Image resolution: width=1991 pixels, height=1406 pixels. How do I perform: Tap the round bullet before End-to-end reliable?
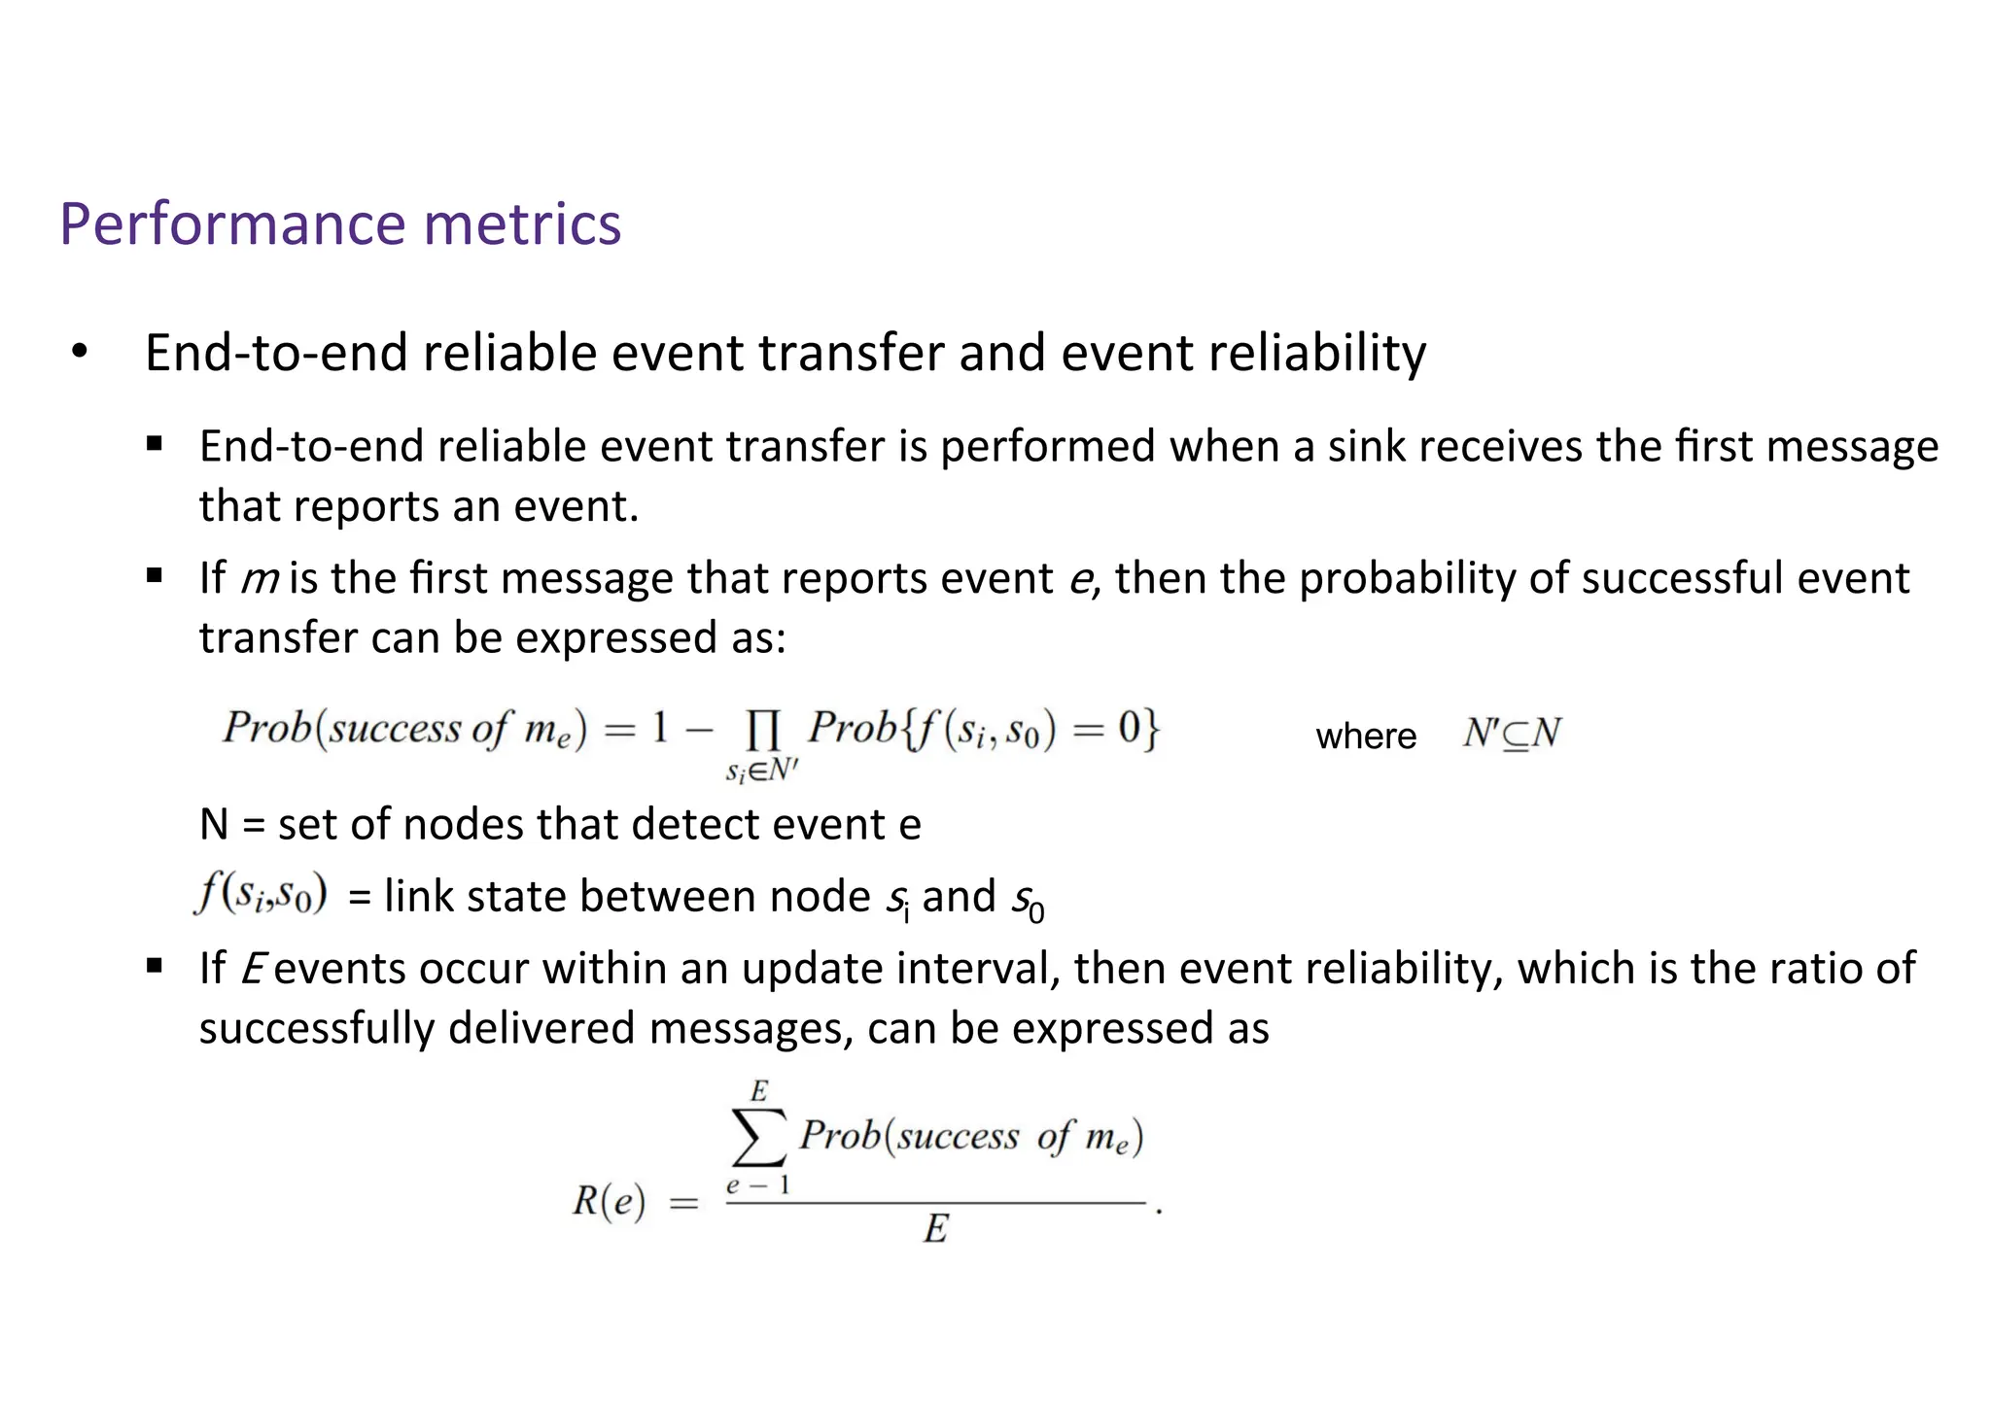(x=80, y=352)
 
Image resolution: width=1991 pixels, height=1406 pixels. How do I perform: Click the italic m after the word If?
(x=260, y=579)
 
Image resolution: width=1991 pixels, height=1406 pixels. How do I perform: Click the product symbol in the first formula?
(x=762, y=730)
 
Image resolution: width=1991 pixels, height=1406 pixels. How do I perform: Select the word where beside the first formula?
(x=1366, y=736)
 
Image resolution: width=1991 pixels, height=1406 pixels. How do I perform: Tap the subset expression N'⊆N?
(x=1512, y=734)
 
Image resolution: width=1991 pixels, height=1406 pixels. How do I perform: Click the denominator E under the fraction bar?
(x=935, y=1229)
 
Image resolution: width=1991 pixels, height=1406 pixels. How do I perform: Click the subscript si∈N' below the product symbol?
(x=762, y=772)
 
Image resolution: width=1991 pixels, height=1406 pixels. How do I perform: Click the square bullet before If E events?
(x=155, y=967)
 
